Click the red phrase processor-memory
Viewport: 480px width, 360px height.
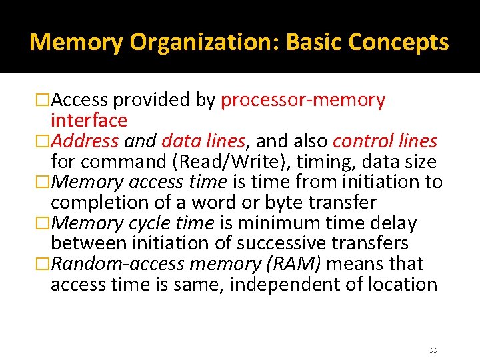(x=303, y=101)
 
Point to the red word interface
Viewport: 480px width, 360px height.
(x=89, y=121)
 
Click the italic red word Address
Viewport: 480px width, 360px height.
(x=85, y=141)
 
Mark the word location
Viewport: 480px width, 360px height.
(x=399, y=285)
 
